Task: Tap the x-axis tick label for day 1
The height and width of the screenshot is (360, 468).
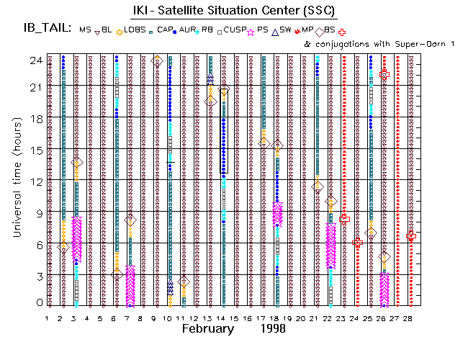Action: click(x=48, y=318)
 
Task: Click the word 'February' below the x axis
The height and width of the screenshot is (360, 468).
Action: click(x=207, y=328)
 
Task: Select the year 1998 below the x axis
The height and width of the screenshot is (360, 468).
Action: click(x=273, y=328)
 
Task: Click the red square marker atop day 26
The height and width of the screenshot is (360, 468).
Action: click(x=384, y=74)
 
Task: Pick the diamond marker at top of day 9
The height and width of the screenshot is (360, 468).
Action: click(x=158, y=61)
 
